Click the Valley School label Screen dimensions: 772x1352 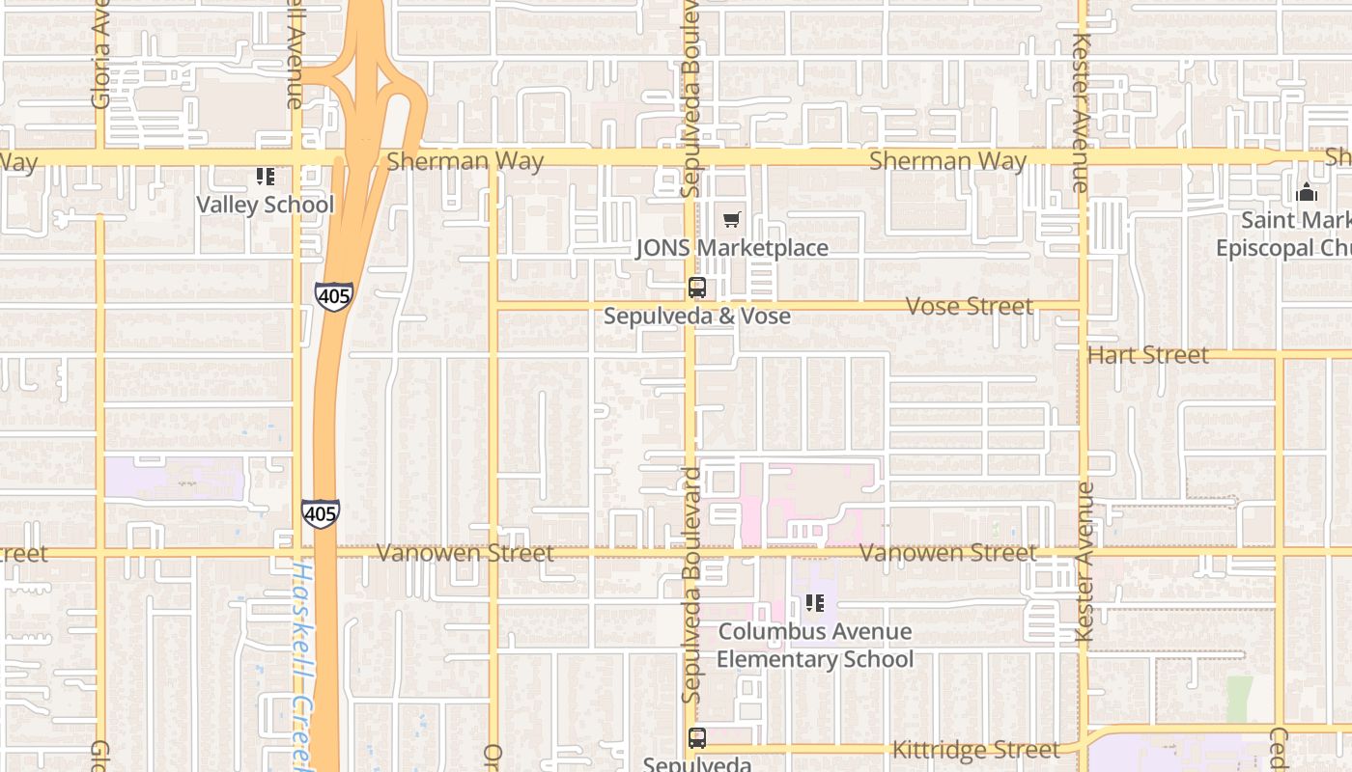tap(265, 205)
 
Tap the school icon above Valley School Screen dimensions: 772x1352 tap(266, 177)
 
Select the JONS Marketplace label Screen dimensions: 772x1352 tap(732, 248)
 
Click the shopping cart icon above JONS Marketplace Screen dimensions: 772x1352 tap(732, 220)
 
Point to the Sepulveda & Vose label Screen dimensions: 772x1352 tap(697, 316)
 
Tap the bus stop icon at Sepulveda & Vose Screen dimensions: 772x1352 tap(697, 287)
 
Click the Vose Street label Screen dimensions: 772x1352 tap(970, 306)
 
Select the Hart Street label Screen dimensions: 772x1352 tap(1148, 355)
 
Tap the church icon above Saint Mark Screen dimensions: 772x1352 tap(1307, 192)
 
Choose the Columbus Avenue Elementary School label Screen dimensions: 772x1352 tap(815, 646)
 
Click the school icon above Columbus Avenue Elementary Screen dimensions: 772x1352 tap(815, 603)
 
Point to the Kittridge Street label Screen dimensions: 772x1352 tap(975, 750)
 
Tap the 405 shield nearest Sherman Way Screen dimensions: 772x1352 tap(333, 296)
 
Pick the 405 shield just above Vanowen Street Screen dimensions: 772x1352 tap(320, 513)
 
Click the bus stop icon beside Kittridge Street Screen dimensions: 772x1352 tap(697, 738)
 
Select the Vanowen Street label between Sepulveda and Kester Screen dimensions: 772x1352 tap(947, 553)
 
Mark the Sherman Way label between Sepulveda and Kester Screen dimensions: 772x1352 tap(947, 160)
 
